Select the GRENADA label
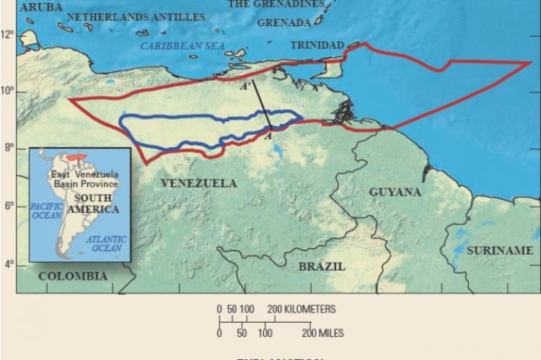(283, 22)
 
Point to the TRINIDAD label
(317, 45)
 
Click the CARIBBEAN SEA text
(182, 45)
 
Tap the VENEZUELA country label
(198, 183)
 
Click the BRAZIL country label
(322, 266)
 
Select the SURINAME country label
(498, 250)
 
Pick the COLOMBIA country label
(73, 276)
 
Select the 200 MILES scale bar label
(322, 333)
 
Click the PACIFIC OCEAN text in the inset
(47, 211)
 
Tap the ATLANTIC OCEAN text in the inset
(105, 243)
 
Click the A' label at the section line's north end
(245, 86)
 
